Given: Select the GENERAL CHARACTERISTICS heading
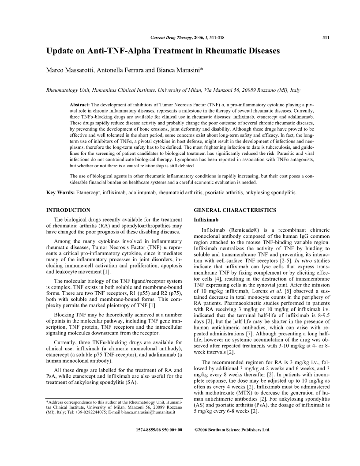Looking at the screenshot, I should (x=235, y=210).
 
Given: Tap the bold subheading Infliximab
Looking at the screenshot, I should (x=206, y=219).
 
